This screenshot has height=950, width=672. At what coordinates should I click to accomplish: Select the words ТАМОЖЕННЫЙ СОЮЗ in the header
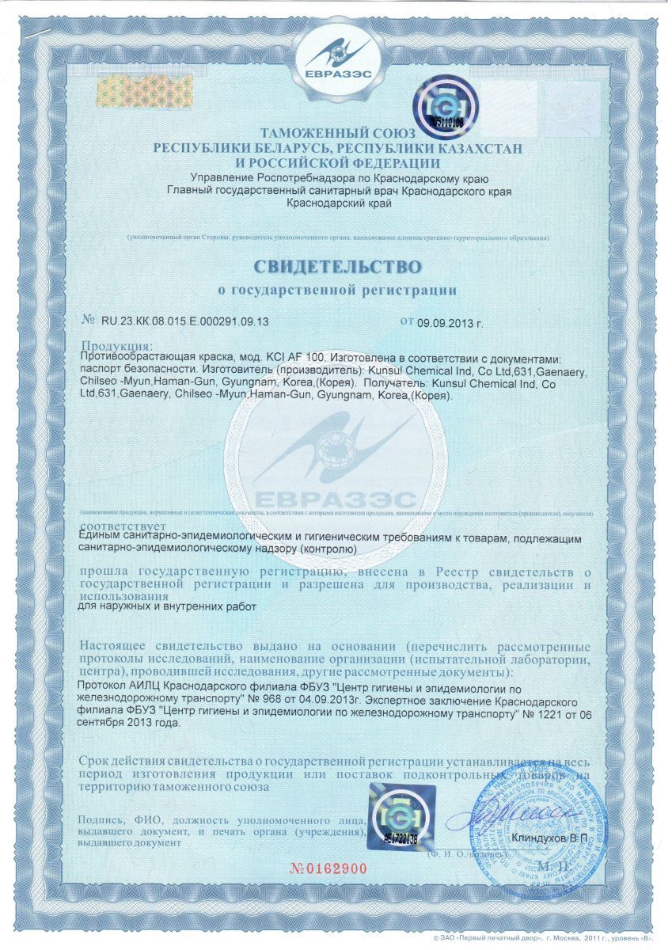click(x=336, y=135)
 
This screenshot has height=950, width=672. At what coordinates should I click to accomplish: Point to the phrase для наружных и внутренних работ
click(x=170, y=607)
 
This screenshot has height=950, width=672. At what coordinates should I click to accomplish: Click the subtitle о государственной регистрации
click(x=337, y=291)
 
